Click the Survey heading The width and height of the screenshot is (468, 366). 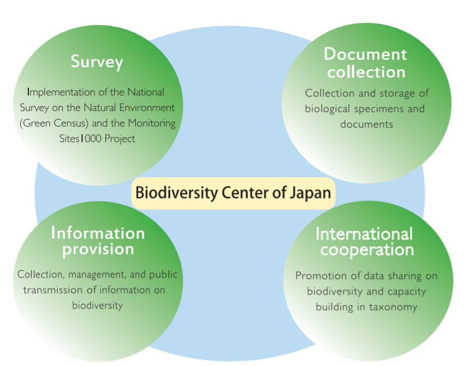pyautogui.click(x=96, y=62)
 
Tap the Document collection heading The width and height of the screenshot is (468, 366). pyautogui.click(x=366, y=63)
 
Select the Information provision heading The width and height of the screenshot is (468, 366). pyautogui.click(x=98, y=241)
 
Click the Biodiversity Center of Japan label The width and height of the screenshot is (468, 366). pyautogui.click(x=233, y=193)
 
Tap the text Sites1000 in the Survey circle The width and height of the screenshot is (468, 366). pyautogui.click(x=78, y=139)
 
